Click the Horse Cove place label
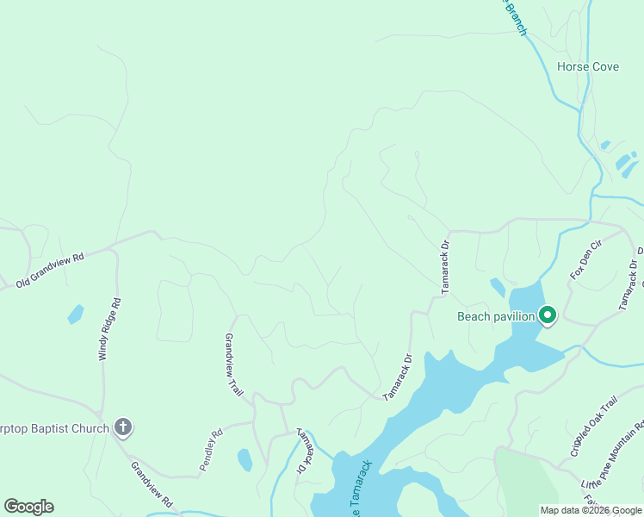(588, 66)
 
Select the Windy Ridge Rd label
(109, 329)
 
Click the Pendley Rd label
(212, 450)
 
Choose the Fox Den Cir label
(585, 261)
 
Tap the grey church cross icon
(123, 427)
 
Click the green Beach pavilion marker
(548, 316)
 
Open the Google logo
(28, 507)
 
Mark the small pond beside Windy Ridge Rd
(76, 315)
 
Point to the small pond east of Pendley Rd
(245, 459)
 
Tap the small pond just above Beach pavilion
(498, 287)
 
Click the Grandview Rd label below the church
(152, 483)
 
